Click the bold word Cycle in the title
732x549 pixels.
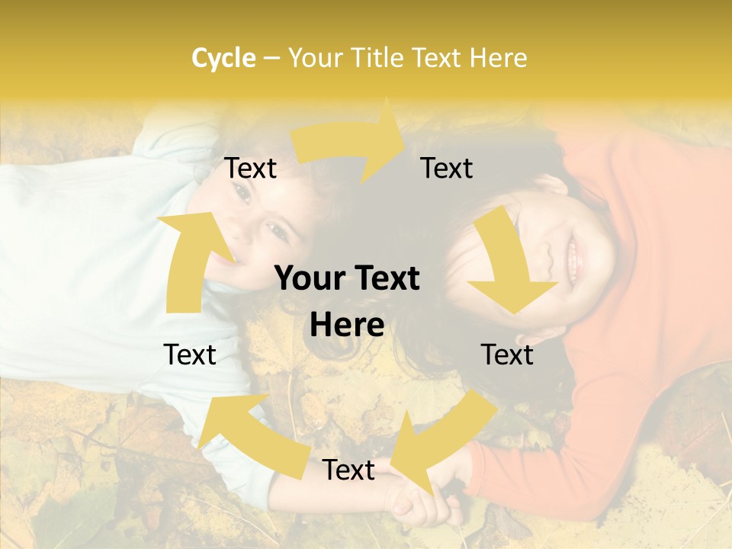click(x=223, y=58)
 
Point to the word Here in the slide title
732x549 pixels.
click(x=497, y=58)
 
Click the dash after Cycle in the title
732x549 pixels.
click(x=271, y=59)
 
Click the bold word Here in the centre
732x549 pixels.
click(x=347, y=326)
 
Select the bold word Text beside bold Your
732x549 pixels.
click(x=384, y=279)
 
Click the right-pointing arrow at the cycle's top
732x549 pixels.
click(x=351, y=140)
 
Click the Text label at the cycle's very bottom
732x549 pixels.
click(x=348, y=470)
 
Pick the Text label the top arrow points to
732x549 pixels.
click(x=447, y=169)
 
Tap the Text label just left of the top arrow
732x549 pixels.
click(x=250, y=169)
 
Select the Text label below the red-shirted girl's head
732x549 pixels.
click(x=507, y=355)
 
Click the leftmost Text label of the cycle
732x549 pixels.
click(x=190, y=355)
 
